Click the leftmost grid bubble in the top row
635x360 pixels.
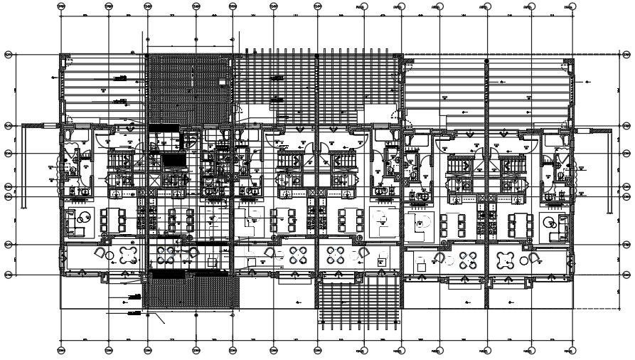(x=61, y=6)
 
